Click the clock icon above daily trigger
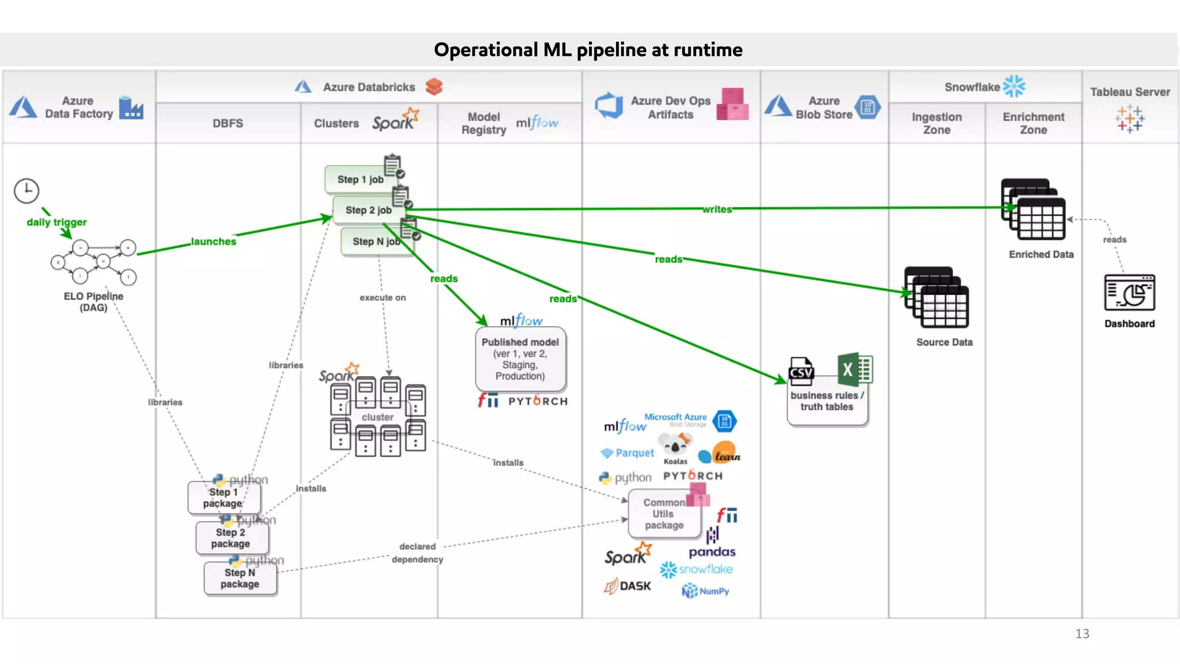coord(27,191)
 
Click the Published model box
coord(520,359)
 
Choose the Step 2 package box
coord(231,538)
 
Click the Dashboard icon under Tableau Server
coord(1129,292)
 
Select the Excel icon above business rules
coord(854,369)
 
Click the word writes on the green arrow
coord(717,209)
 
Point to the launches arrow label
coord(213,242)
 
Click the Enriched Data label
coord(1041,254)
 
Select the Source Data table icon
coord(936,297)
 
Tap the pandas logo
coord(712,552)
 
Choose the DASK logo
coord(627,586)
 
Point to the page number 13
coord(1081,633)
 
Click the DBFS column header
coord(228,123)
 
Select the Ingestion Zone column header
coord(936,123)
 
